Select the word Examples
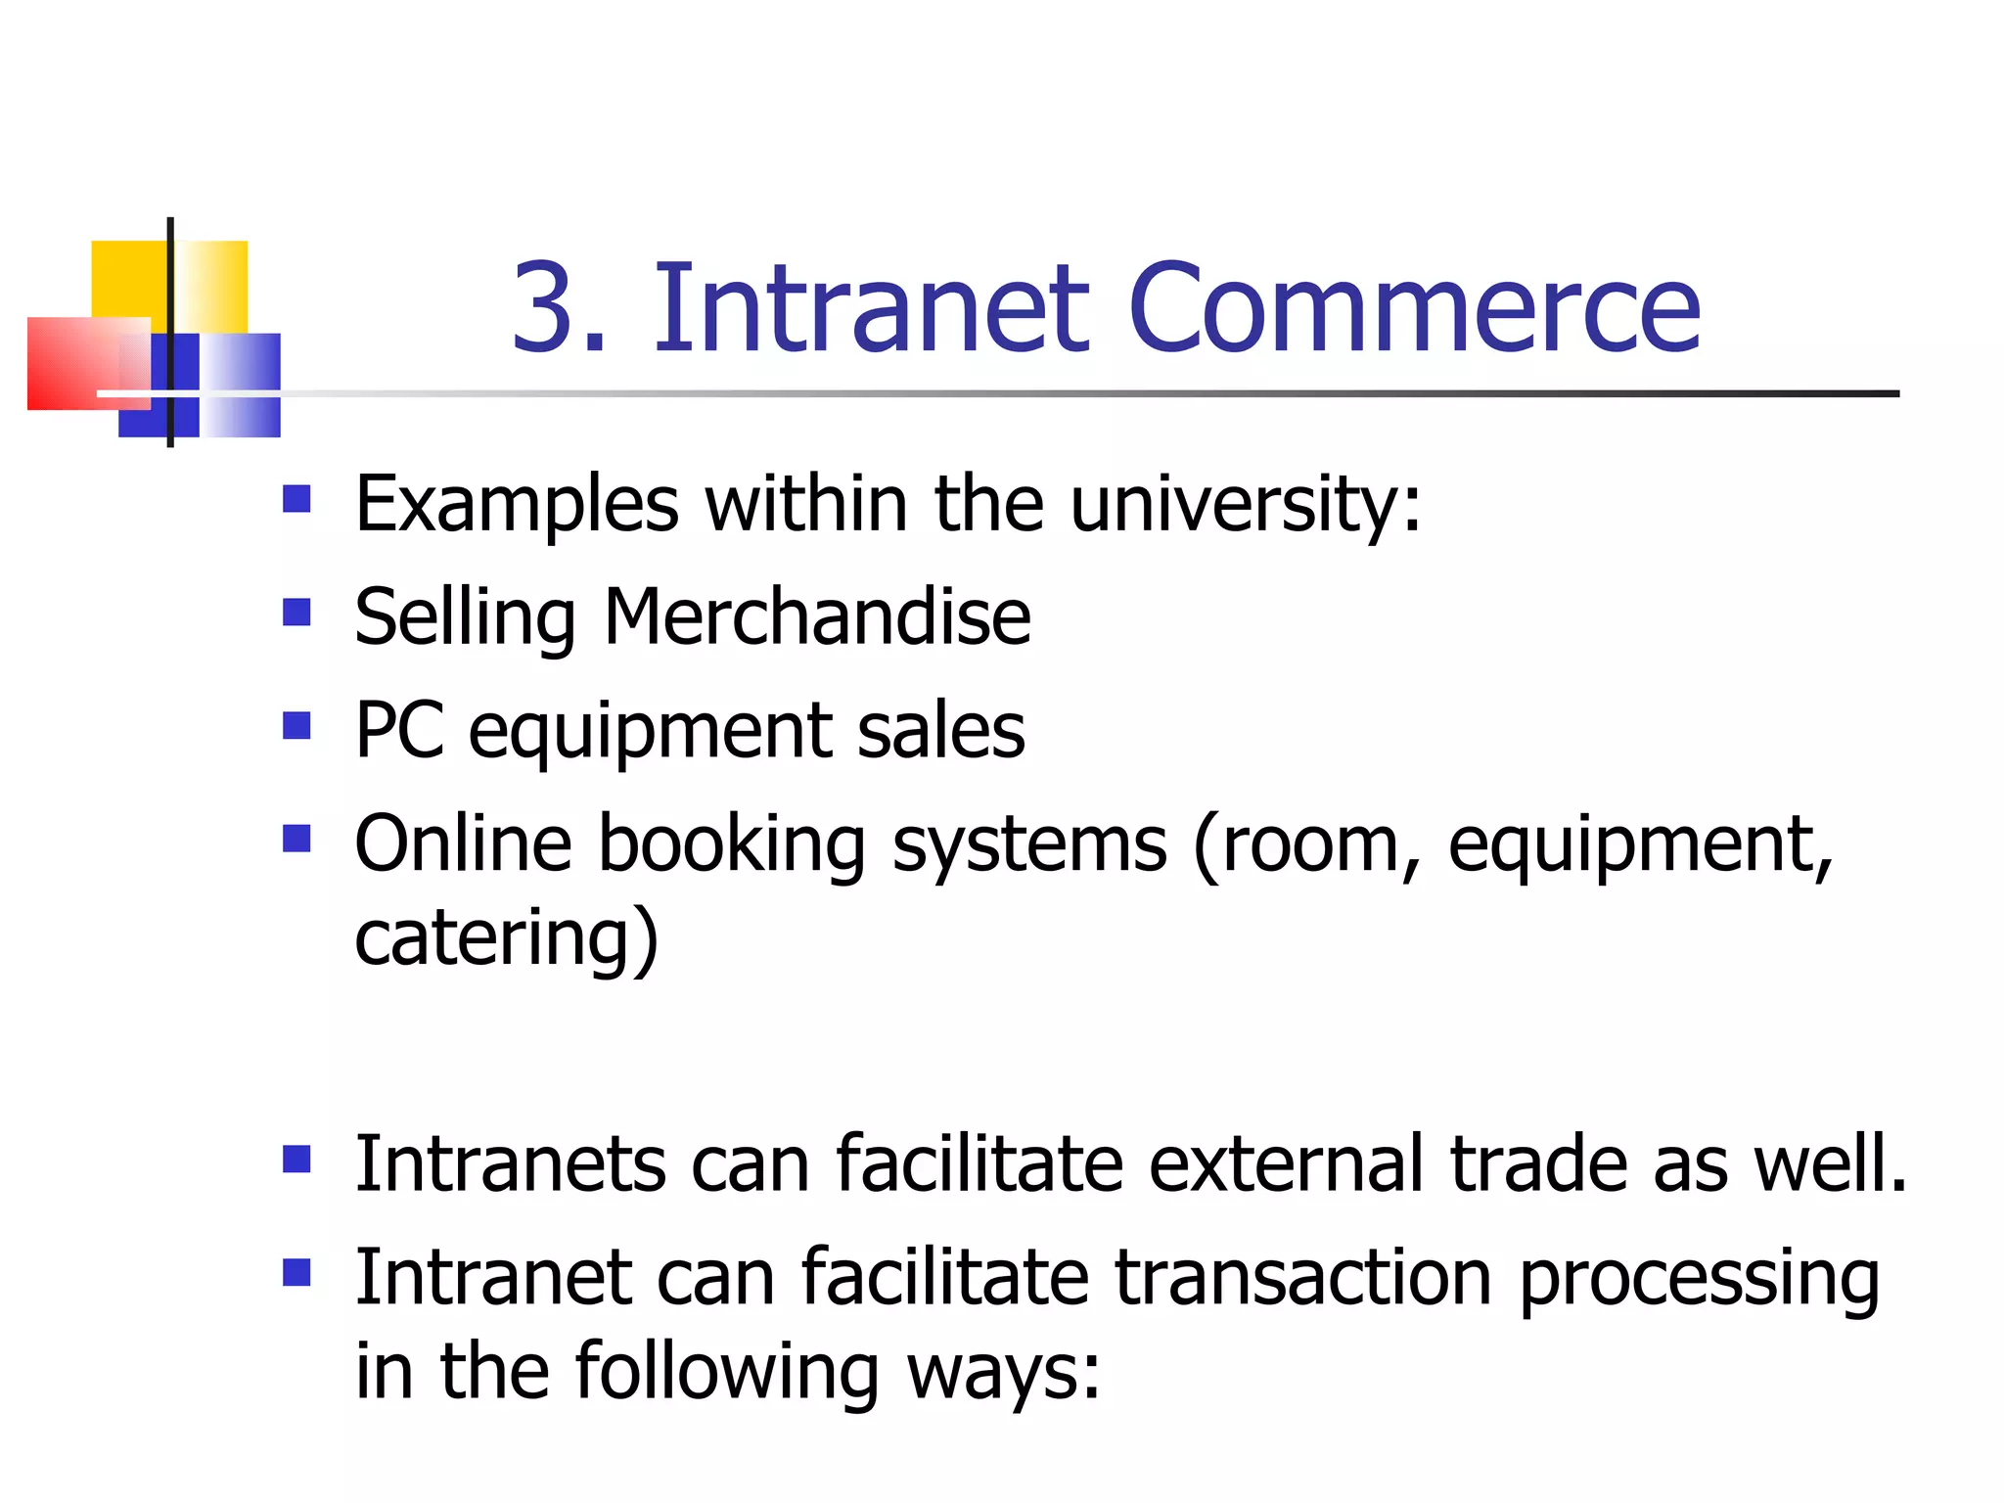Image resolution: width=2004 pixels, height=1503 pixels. [517, 506]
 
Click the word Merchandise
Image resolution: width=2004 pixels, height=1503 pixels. [817, 617]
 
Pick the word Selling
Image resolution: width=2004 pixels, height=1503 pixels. [465, 617]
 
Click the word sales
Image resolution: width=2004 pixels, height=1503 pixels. [940, 732]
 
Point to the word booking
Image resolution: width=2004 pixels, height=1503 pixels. [732, 845]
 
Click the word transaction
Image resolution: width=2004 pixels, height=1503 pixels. [1303, 1278]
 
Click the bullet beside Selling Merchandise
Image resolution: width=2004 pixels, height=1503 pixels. [296, 613]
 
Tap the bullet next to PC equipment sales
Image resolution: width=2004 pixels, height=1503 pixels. [296, 725]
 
